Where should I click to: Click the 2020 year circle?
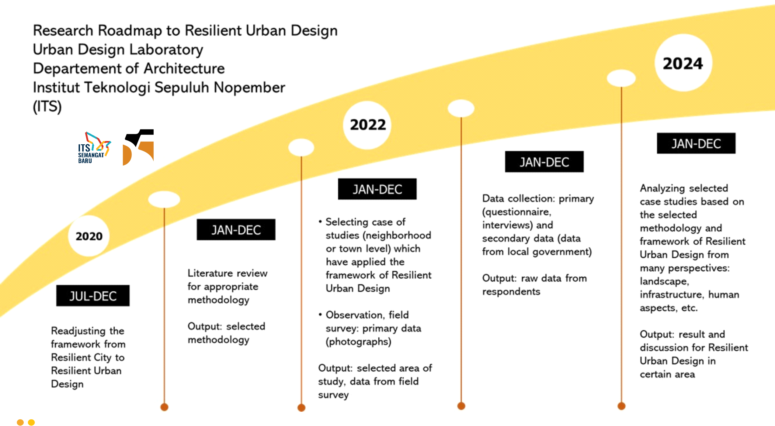pos(89,236)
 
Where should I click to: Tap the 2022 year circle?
pos(367,125)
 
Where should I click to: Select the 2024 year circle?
pos(683,63)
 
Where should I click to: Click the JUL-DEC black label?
pos(93,296)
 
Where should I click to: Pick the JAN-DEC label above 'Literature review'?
pos(236,230)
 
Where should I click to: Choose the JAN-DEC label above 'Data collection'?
pos(544,162)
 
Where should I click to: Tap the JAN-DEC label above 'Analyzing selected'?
pos(696,143)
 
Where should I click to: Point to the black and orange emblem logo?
pos(138,147)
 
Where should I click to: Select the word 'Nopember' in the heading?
pos(249,88)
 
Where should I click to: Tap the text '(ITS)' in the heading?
pos(47,106)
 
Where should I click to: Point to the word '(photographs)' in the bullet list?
pos(359,342)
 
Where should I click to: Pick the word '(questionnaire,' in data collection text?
pos(517,211)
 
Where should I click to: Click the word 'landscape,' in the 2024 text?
pos(665,281)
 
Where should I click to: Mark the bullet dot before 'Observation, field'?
pos(320,314)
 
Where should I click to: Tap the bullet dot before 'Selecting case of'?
pos(320,222)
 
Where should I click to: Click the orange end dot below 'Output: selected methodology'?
pos(164,407)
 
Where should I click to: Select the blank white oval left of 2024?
pos(621,78)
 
